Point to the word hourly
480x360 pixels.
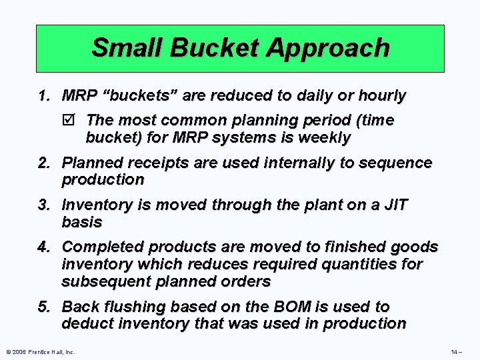pyautogui.click(x=381, y=96)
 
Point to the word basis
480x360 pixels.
pyautogui.click(x=81, y=222)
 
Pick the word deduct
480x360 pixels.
pyautogui.click(x=85, y=324)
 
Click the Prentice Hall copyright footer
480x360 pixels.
pyautogui.click(x=41, y=351)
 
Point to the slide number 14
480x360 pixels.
pyautogui.click(x=455, y=351)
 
